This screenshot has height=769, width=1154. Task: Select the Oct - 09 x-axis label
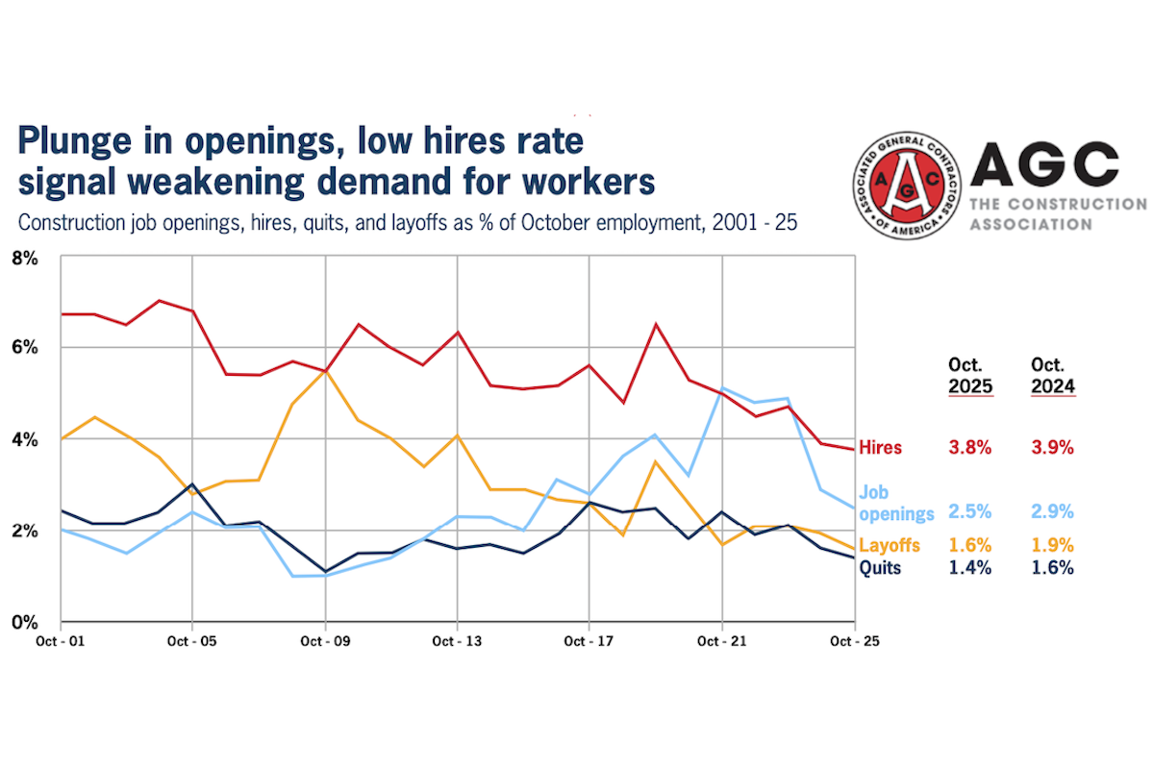tap(325, 639)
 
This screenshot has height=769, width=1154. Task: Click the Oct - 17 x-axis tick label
tap(590, 639)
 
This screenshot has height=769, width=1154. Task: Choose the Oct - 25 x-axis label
tap(853, 639)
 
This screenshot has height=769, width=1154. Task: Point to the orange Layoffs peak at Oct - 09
tap(326, 370)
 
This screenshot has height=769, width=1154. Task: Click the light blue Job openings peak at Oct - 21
tap(722, 387)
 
